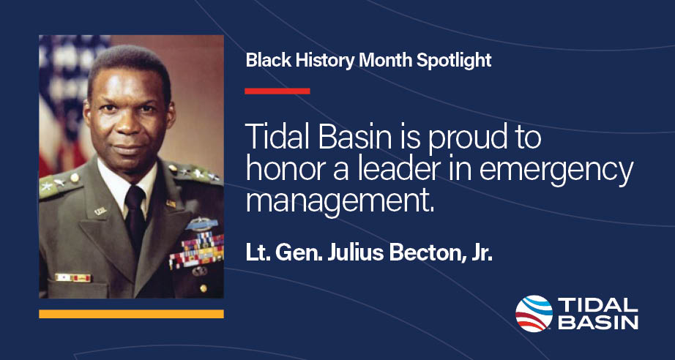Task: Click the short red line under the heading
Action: (277, 91)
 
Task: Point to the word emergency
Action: (567, 170)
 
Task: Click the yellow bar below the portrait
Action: (131, 314)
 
